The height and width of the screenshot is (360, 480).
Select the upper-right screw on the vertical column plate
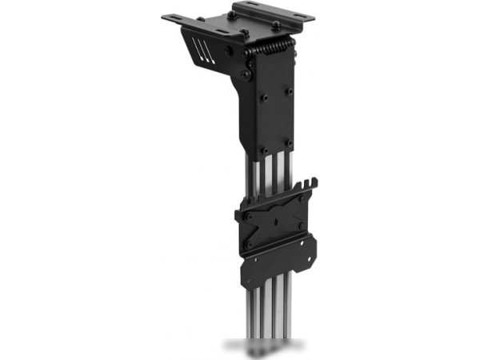click(289, 90)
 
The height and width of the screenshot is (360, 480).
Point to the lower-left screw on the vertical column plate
click(264, 148)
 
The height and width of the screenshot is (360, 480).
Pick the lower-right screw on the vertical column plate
click(289, 144)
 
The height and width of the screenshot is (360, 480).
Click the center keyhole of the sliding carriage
click(276, 219)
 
